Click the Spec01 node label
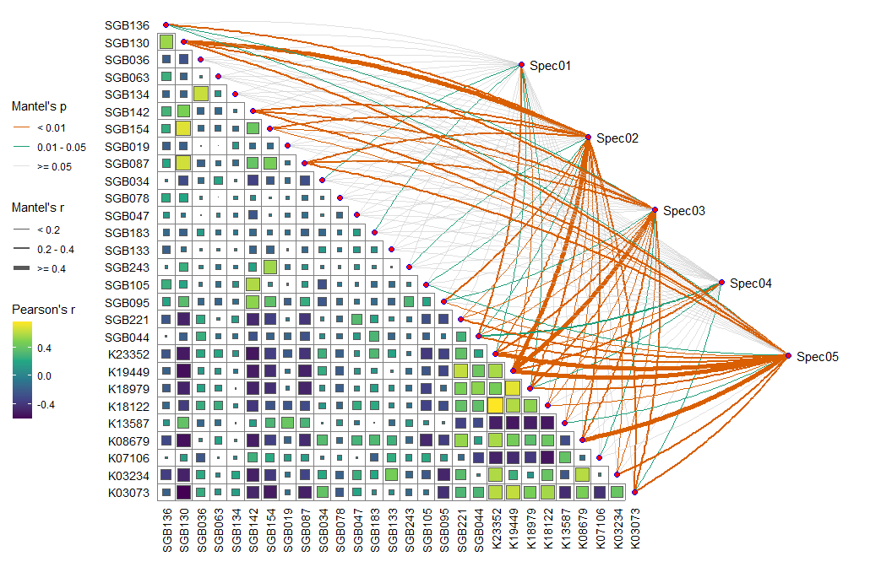click(550, 65)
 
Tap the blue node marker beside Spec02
click(588, 137)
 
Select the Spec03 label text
click(683, 210)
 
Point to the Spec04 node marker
click(722, 283)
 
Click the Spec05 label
click(817, 357)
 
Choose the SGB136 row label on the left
click(128, 25)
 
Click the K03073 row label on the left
click(128, 493)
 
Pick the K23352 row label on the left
click(128, 354)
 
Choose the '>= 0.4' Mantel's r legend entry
click(51, 268)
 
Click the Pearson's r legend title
click(43, 310)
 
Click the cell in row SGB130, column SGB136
click(166, 42)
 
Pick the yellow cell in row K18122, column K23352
click(495, 406)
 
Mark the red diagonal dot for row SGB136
click(166, 25)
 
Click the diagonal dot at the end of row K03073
click(634, 492)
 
